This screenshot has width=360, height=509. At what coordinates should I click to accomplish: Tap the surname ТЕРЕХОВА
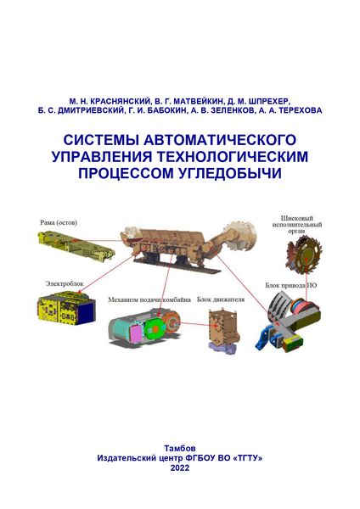[300, 110]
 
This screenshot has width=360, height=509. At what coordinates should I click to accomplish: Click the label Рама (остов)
[59, 222]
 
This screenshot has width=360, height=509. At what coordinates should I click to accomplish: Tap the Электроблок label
[65, 283]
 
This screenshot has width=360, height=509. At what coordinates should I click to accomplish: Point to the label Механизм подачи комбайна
[149, 299]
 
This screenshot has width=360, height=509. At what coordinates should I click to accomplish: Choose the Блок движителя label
[221, 299]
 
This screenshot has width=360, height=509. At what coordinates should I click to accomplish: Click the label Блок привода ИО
[290, 286]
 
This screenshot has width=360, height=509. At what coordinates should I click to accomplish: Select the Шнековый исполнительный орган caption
[297, 225]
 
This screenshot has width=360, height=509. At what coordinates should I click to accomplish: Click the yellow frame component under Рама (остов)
[76, 245]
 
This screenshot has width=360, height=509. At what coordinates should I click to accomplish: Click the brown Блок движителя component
[223, 327]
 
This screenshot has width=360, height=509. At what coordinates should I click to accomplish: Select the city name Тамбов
[180, 448]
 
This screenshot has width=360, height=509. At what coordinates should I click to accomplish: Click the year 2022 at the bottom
[180, 467]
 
